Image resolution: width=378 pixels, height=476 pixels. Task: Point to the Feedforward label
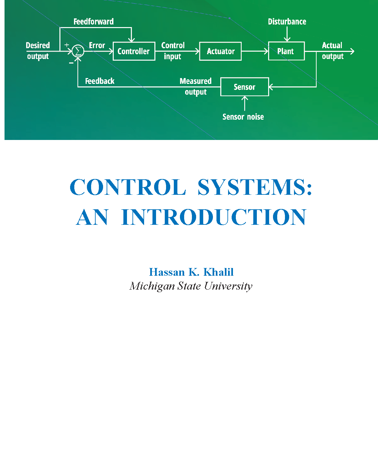(x=93, y=22)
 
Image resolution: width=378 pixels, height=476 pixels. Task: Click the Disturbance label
(x=287, y=22)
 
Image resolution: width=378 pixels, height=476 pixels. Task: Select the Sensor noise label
(x=243, y=117)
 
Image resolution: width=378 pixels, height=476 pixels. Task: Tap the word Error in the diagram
(x=97, y=45)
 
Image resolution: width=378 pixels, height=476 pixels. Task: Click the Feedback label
(x=100, y=81)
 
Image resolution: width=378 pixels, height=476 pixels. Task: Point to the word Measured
(x=195, y=81)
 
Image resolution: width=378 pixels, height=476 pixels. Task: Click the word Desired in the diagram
(x=38, y=45)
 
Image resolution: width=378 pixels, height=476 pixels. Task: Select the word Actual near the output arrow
(x=332, y=45)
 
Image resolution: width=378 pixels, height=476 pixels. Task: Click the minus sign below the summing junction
(x=71, y=63)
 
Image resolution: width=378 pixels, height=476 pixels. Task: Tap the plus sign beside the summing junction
(x=67, y=45)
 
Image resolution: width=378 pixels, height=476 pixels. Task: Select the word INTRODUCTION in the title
(x=214, y=217)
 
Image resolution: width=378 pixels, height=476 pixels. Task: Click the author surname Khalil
(x=218, y=272)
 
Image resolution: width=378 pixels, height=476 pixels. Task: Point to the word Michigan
(x=152, y=286)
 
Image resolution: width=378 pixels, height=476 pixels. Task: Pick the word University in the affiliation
(x=228, y=286)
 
